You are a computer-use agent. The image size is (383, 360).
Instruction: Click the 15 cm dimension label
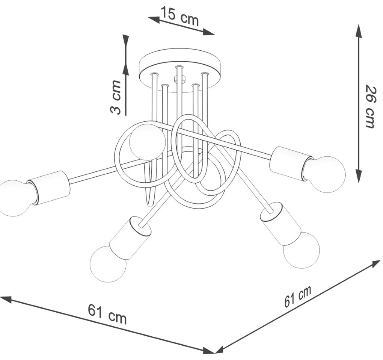coord(179,16)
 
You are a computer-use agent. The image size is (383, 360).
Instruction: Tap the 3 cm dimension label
coord(116,97)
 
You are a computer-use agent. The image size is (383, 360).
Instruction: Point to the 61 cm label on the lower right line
coord(298,296)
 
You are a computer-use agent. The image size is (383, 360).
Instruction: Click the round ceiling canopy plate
coord(180,70)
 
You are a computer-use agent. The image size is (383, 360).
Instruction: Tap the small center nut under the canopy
coord(179,79)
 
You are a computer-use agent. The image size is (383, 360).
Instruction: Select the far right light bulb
coord(324,174)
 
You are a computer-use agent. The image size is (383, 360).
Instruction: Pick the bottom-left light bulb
coord(108,264)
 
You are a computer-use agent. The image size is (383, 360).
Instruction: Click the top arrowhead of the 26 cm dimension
coord(358,31)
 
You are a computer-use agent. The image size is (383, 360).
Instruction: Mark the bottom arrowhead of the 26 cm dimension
coord(358,176)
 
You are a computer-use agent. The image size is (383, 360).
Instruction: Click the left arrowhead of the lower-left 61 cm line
coord(6,299)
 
